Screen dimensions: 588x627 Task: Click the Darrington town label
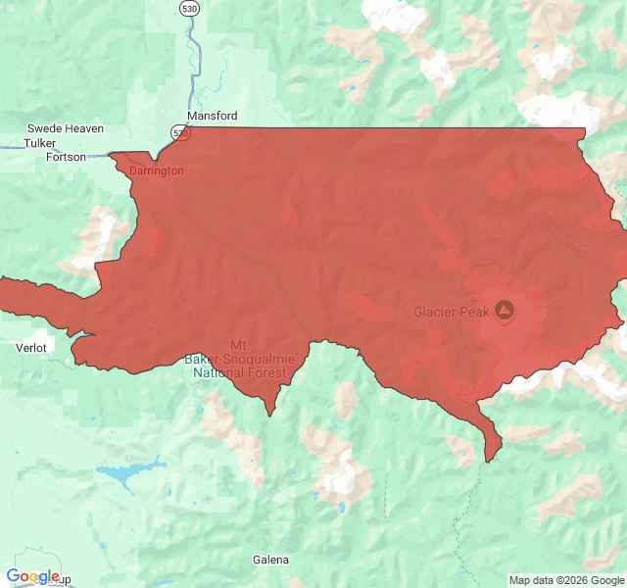click(156, 171)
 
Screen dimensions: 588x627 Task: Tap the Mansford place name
click(212, 116)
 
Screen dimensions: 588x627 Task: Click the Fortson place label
click(66, 157)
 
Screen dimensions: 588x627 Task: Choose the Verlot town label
click(31, 347)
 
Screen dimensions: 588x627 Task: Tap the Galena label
click(270, 560)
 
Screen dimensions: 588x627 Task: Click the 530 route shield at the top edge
click(189, 8)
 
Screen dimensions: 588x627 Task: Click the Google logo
click(32, 576)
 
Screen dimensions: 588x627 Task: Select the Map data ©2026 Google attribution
click(564, 579)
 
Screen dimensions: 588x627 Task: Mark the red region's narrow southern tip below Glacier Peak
click(489, 453)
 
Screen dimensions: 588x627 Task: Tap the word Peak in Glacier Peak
click(473, 313)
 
